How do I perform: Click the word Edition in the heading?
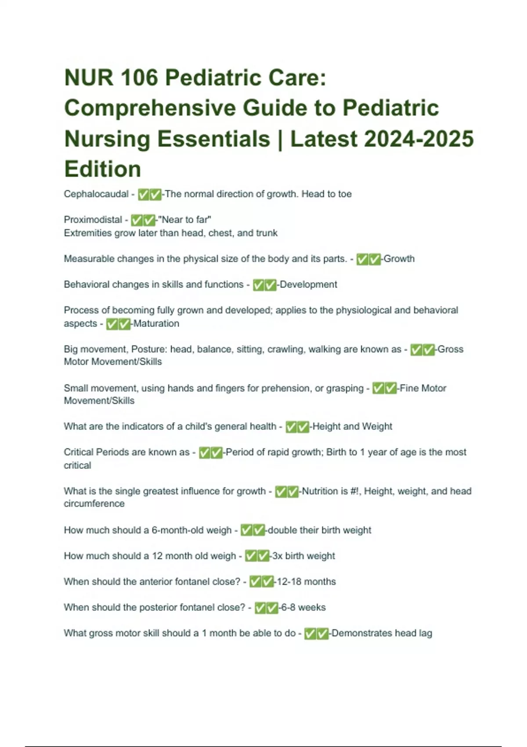102,169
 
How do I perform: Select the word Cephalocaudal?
96,194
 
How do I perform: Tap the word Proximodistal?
93,220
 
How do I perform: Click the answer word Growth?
399,259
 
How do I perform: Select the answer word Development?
308,285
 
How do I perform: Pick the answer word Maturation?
156,324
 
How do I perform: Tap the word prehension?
286,388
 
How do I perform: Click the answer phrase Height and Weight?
352,427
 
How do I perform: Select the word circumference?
94,504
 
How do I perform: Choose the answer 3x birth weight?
303,556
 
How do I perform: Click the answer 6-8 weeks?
303,608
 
